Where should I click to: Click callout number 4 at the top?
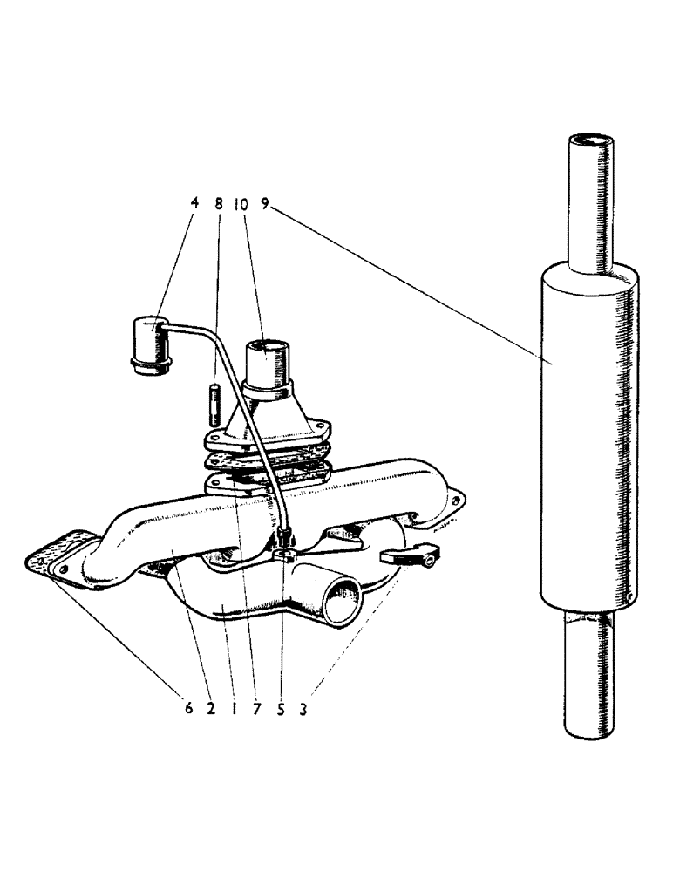coord(194,202)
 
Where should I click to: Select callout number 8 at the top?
coord(219,202)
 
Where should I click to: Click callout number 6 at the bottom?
coord(188,709)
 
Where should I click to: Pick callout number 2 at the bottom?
coord(211,709)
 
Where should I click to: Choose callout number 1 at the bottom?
coord(234,709)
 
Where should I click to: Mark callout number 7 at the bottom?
coord(257,709)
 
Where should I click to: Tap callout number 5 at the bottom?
coord(281,709)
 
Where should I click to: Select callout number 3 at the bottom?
coord(303,709)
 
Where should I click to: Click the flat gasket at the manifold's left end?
coord(58,555)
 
